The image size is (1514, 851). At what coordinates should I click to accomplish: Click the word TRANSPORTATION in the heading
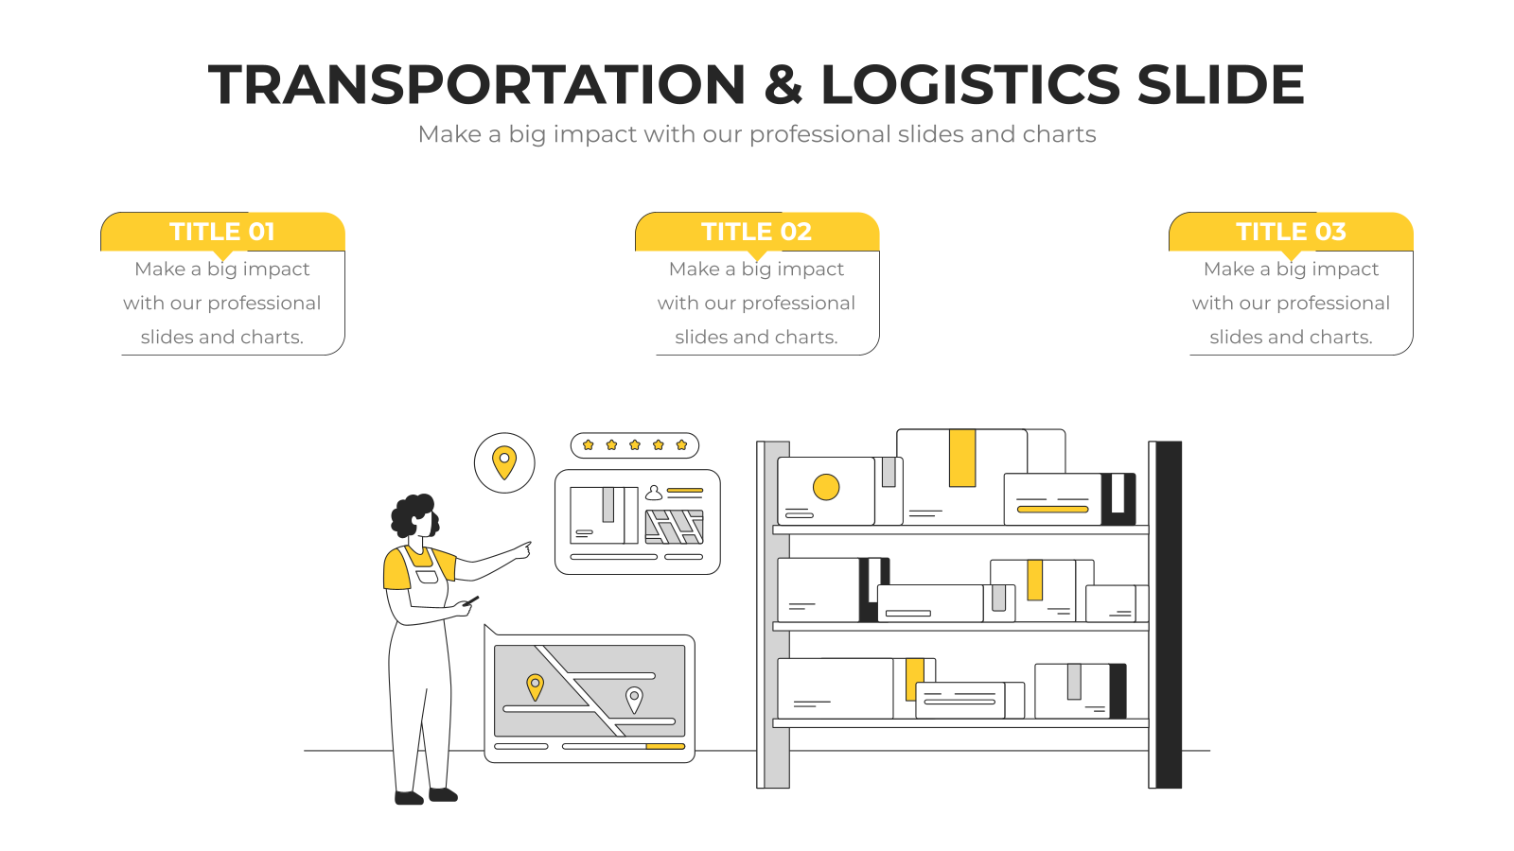(477, 84)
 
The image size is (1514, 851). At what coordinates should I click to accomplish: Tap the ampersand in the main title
(783, 84)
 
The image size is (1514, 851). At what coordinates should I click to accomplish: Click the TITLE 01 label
(221, 232)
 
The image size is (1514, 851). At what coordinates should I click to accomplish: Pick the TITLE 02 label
(756, 232)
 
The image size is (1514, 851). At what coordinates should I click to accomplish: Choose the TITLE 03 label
(1291, 232)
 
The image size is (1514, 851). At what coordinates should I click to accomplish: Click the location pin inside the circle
(504, 462)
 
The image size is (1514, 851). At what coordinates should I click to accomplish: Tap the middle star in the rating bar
(635, 444)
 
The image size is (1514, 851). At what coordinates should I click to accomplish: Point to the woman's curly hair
(413, 514)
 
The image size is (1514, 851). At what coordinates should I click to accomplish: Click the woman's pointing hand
(521, 550)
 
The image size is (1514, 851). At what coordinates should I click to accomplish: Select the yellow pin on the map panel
(535, 687)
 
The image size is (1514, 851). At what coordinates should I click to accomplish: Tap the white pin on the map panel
(634, 700)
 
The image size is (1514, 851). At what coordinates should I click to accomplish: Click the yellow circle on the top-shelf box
(826, 487)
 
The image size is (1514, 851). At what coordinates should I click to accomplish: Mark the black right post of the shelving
(1169, 615)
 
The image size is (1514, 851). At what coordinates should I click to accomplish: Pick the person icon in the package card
(654, 493)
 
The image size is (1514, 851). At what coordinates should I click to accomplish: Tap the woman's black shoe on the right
(444, 794)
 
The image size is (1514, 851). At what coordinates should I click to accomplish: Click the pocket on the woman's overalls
(427, 577)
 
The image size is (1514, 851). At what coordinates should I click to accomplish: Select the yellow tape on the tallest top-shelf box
(962, 458)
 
